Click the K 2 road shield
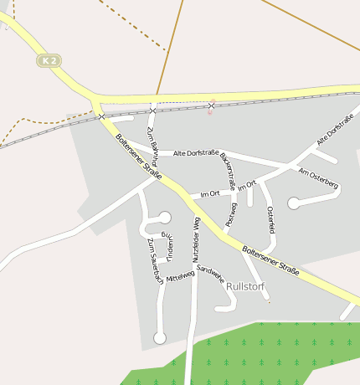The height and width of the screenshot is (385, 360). (49, 60)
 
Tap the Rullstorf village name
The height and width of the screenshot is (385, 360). (245, 286)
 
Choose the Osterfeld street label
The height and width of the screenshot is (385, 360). (270, 221)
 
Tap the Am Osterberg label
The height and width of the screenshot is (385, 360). (318, 177)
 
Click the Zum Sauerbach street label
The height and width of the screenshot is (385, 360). (155, 262)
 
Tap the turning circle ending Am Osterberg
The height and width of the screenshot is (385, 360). (294, 203)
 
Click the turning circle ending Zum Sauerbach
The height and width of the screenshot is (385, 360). (160, 337)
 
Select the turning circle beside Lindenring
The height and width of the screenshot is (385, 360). (165, 218)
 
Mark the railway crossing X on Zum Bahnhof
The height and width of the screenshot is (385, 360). (152, 110)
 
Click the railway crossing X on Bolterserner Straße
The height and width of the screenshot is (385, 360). (102, 116)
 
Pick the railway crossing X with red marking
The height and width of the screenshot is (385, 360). (211, 105)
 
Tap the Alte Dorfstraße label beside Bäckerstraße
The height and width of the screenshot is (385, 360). (196, 153)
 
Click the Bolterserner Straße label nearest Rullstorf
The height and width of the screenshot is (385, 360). (270, 262)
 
